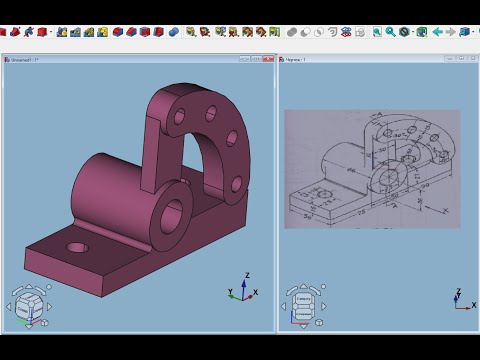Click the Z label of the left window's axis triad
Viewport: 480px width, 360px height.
pyautogui.click(x=246, y=274)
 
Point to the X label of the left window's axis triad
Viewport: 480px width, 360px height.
pyautogui.click(x=256, y=292)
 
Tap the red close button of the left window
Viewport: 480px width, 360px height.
pyautogui.click(x=270, y=60)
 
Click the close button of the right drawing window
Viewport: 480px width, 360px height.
pyautogui.click(x=468, y=60)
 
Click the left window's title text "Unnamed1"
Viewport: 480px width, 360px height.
pyautogui.click(x=23, y=60)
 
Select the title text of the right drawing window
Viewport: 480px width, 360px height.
pyautogui.click(x=297, y=60)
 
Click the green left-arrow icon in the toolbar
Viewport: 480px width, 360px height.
pyautogui.click(x=437, y=32)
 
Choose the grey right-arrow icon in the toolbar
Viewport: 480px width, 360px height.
pyautogui.click(x=449, y=32)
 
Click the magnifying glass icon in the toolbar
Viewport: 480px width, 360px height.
pyautogui.click(x=377, y=32)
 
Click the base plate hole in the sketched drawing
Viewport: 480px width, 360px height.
pyautogui.click(x=320, y=192)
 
